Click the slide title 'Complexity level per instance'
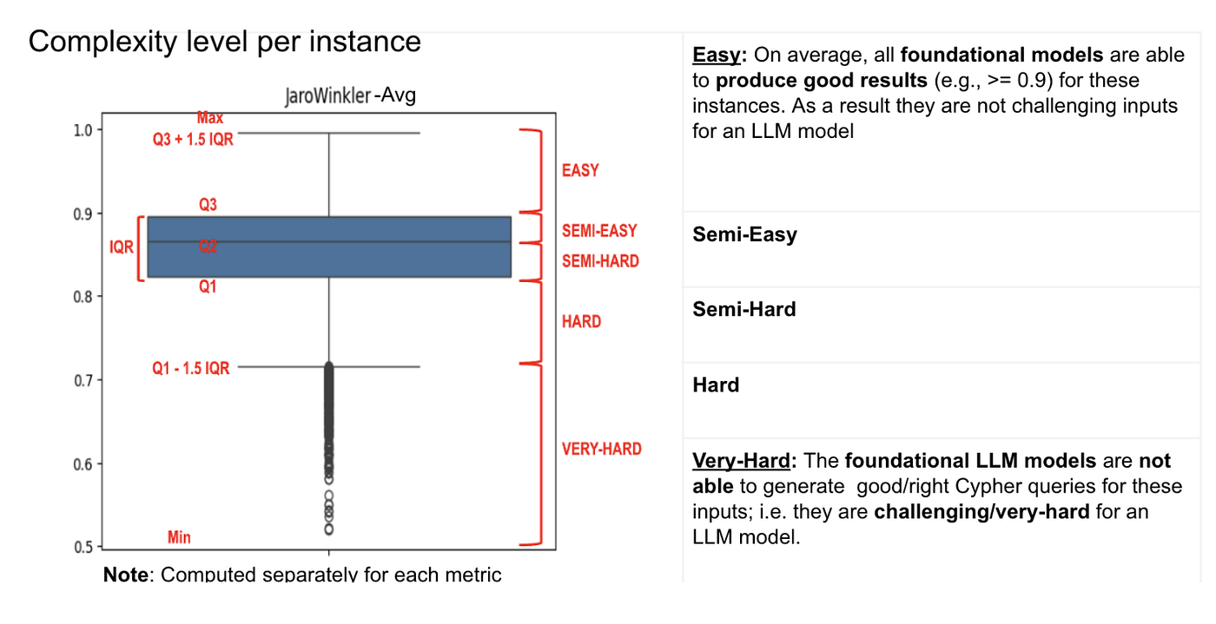(x=224, y=42)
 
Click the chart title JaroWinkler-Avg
(x=350, y=95)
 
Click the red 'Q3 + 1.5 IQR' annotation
(x=193, y=140)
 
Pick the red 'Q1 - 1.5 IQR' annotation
(x=191, y=369)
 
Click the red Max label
(x=210, y=117)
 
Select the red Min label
(x=179, y=538)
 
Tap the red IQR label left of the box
(x=122, y=247)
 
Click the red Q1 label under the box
(x=208, y=287)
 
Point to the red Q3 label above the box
(x=208, y=205)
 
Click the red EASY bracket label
(x=580, y=171)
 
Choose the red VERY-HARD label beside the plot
(x=601, y=450)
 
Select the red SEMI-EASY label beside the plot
(x=599, y=231)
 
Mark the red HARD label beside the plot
(x=581, y=322)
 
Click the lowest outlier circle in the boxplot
(x=328, y=529)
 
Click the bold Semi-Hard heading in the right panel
(x=744, y=310)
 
